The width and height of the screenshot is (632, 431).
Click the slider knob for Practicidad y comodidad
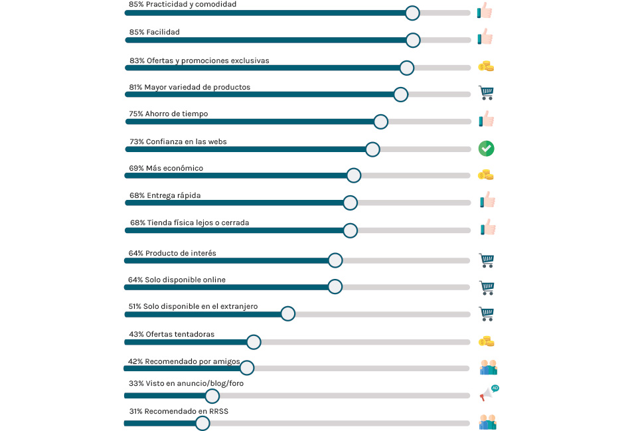click(412, 13)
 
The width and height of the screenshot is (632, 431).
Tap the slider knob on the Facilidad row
click(412, 40)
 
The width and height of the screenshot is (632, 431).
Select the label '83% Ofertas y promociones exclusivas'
click(199, 60)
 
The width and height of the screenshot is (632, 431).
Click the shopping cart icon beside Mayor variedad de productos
click(487, 93)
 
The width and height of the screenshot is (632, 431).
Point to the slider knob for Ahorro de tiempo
click(380, 122)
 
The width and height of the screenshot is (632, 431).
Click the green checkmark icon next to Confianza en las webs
click(487, 148)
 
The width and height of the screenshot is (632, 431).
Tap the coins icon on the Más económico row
click(486, 175)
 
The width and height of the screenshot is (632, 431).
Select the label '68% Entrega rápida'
click(165, 195)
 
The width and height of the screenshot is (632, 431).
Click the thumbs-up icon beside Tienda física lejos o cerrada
click(488, 227)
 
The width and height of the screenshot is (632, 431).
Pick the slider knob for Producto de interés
click(335, 260)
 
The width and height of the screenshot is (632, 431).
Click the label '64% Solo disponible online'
click(177, 280)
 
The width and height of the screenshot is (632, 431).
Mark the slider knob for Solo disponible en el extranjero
click(287, 313)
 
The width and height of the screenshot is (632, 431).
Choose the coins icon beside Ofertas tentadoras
click(486, 341)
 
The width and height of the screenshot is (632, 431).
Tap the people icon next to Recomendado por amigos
click(488, 368)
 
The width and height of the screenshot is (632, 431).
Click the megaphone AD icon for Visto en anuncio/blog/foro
click(489, 393)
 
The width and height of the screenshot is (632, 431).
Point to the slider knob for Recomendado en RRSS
click(202, 423)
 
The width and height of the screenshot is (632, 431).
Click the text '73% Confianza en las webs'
click(177, 141)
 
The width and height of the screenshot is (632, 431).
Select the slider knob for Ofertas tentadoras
click(253, 342)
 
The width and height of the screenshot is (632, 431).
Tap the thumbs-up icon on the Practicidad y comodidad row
click(485, 11)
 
